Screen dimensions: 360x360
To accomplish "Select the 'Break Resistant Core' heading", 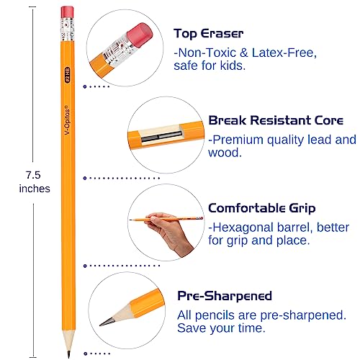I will (x=270, y=120).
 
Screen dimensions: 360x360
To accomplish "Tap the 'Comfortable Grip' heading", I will (x=261, y=208).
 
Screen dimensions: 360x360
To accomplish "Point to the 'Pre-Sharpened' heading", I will (x=225, y=296).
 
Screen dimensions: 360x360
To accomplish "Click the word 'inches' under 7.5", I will (x=34, y=189).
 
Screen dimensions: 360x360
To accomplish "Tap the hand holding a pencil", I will (x=167, y=233).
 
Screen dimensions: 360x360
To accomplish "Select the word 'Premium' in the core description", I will (x=238, y=140).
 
